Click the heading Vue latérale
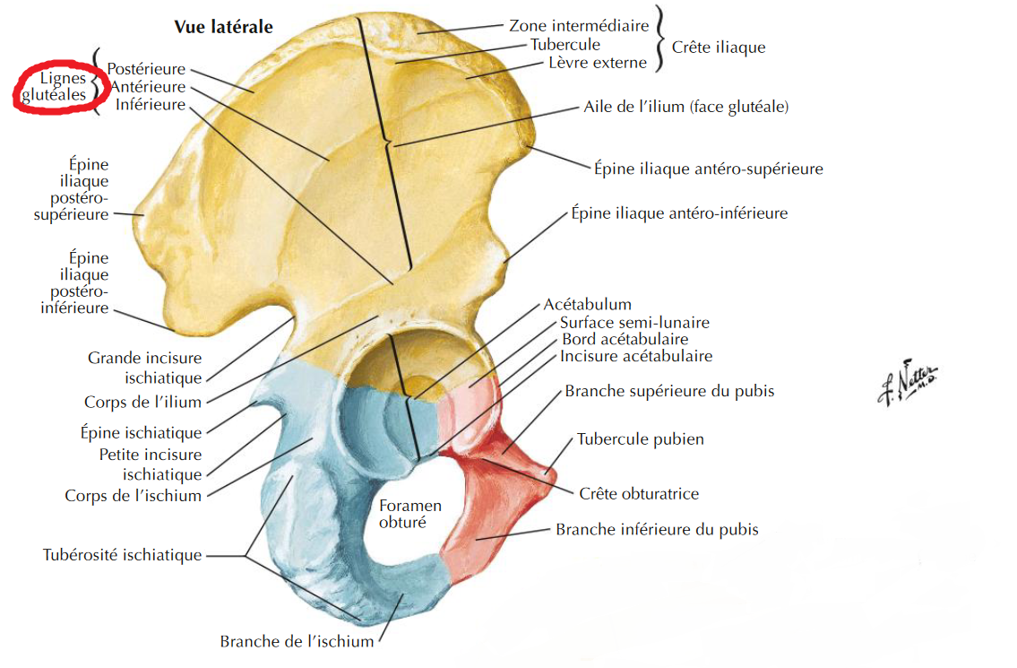(223, 27)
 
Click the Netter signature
(905, 383)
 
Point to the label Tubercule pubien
(640, 439)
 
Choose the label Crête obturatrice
(639, 493)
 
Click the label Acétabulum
(587, 305)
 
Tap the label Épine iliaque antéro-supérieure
(708, 169)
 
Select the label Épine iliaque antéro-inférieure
(679, 213)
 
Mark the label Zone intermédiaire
(579, 26)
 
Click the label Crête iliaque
(719, 47)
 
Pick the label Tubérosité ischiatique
(123, 555)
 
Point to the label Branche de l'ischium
(297, 642)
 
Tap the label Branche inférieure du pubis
(657, 529)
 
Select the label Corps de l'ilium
(143, 403)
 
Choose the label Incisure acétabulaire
(636, 356)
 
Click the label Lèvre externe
(597, 63)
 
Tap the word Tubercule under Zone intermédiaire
(565, 44)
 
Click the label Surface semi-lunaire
(634, 322)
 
